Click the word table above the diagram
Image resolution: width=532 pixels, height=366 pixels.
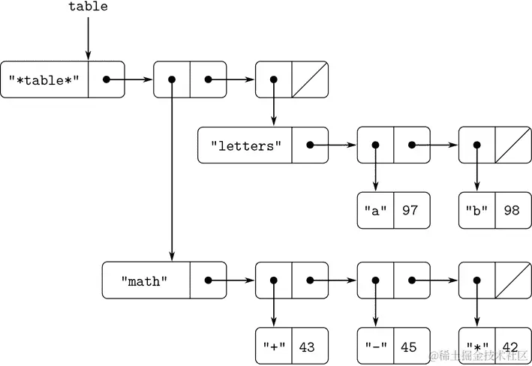pos(88,7)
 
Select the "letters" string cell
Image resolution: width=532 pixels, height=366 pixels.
pos(245,145)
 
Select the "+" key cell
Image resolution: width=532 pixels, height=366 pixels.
pos(273,347)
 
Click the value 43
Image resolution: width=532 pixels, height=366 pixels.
pos(308,347)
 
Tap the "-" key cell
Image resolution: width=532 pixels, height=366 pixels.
pos(375,347)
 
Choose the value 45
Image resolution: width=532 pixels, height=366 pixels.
pos(410,347)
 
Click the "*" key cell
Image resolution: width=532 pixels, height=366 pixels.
pos(476,347)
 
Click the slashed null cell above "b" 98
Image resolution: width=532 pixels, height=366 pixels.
pos(512,145)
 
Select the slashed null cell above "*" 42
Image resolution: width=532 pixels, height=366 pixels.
pos(512,280)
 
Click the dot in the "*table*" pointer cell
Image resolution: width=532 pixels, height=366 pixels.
pos(107,79)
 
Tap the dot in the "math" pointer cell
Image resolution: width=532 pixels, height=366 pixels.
pos(208,280)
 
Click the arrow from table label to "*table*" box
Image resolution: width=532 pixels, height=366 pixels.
pos(88,37)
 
